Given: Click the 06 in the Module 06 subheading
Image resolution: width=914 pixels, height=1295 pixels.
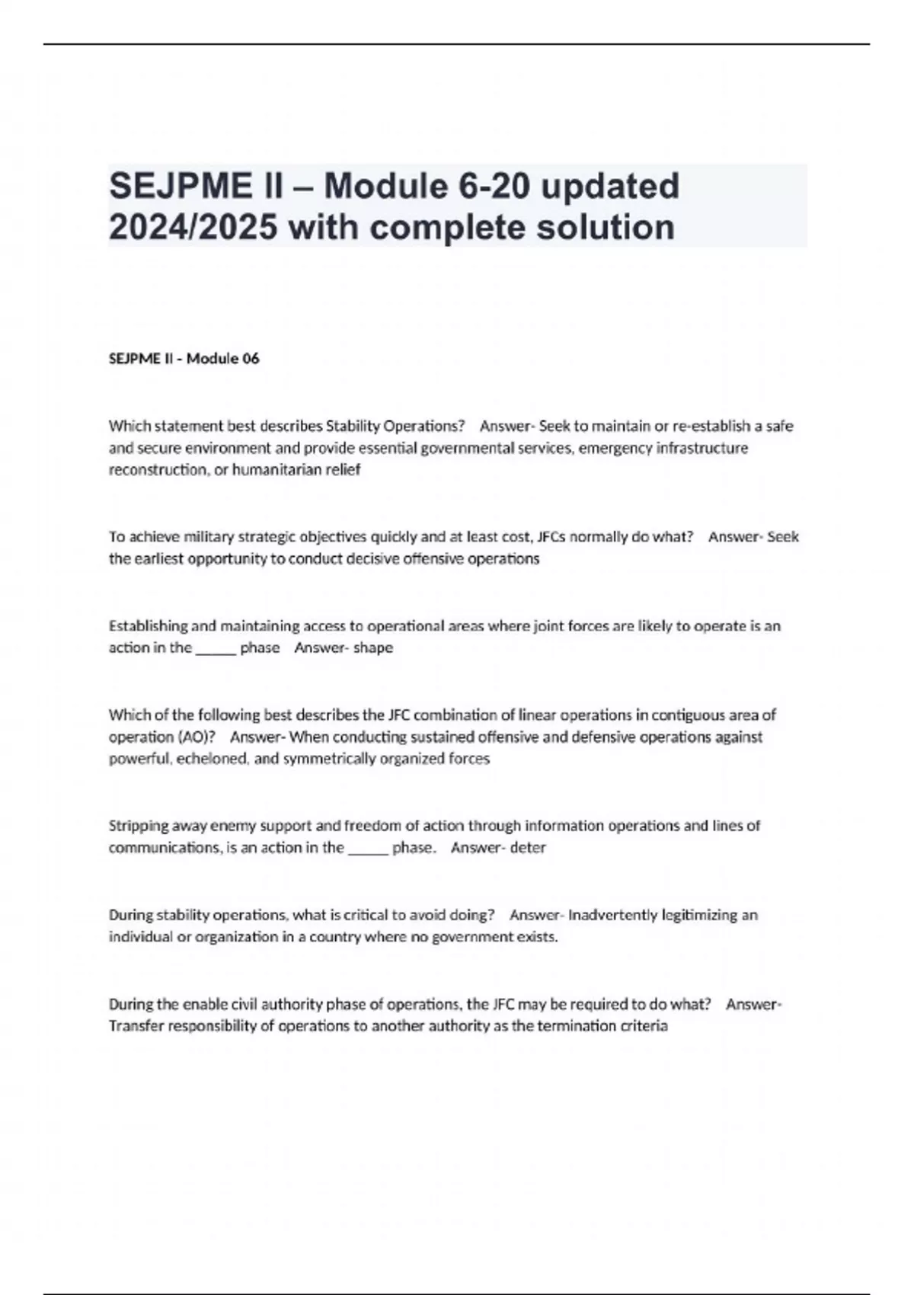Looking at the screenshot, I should click(x=251, y=359).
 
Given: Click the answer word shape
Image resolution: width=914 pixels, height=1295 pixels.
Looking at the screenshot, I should click(x=373, y=648).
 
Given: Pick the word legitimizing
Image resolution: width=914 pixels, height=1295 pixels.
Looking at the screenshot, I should click(x=700, y=915).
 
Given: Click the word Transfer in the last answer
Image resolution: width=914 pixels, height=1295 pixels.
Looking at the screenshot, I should click(x=136, y=1026).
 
